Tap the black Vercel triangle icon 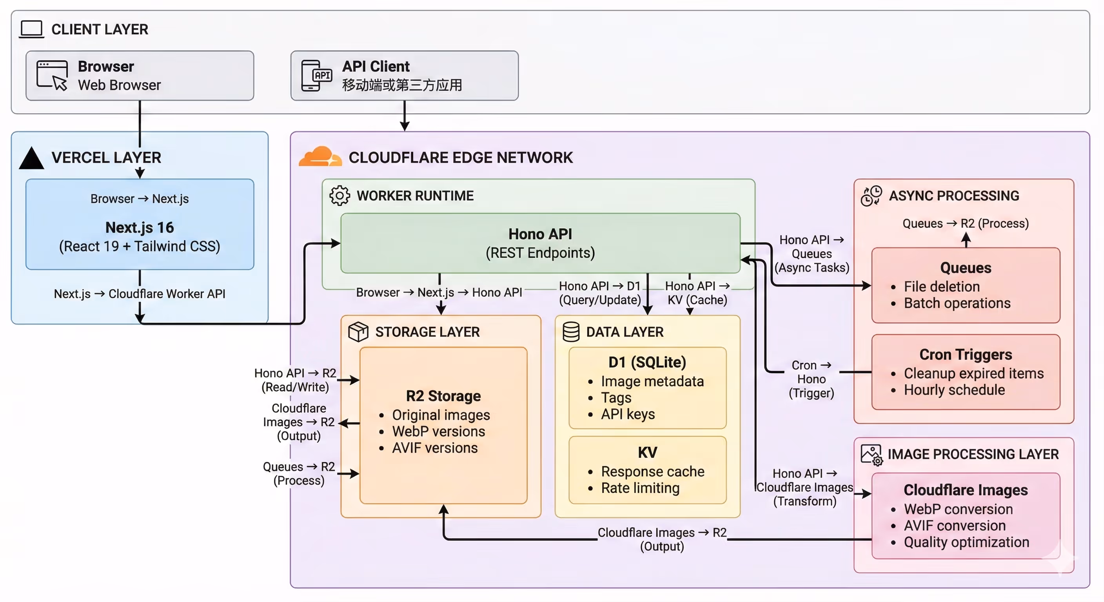[31, 158]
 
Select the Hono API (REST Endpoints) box [540, 243]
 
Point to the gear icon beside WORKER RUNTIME [340, 196]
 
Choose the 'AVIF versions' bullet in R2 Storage [434, 448]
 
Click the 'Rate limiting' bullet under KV [640, 488]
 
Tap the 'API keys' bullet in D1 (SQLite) [627, 414]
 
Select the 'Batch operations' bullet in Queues [957, 303]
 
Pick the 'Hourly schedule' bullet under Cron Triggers [954, 390]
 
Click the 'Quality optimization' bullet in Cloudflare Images [966, 542]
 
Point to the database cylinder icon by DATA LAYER [571, 332]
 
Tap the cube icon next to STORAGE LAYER [358, 332]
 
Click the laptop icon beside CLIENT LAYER [32, 29]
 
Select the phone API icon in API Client [316, 76]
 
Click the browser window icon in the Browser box [52, 75]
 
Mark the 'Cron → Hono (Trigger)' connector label [811, 379]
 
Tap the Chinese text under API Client [402, 85]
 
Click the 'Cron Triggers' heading [966, 355]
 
